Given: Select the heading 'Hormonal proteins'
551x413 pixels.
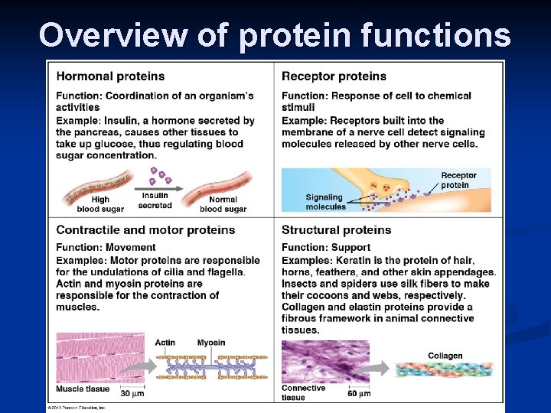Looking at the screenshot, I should click(110, 76).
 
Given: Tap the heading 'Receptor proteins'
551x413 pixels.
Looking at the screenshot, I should click(334, 76).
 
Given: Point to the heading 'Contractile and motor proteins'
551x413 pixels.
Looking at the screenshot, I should click(145, 229).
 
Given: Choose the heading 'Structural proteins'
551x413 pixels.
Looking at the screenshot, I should click(336, 229).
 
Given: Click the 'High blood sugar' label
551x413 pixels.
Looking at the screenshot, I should click(100, 204).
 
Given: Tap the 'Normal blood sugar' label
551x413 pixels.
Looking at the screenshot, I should click(223, 204).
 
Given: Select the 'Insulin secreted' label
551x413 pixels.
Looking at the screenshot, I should click(155, 201).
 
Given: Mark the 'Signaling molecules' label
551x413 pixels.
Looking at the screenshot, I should click(326, 201).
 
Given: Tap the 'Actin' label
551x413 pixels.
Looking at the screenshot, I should click(165, 342).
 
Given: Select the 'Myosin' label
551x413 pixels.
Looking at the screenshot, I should click(210, 342).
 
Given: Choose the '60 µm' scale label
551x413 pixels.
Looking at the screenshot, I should click(360, 393).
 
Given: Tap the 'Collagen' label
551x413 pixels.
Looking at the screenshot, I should click(445, 356).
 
